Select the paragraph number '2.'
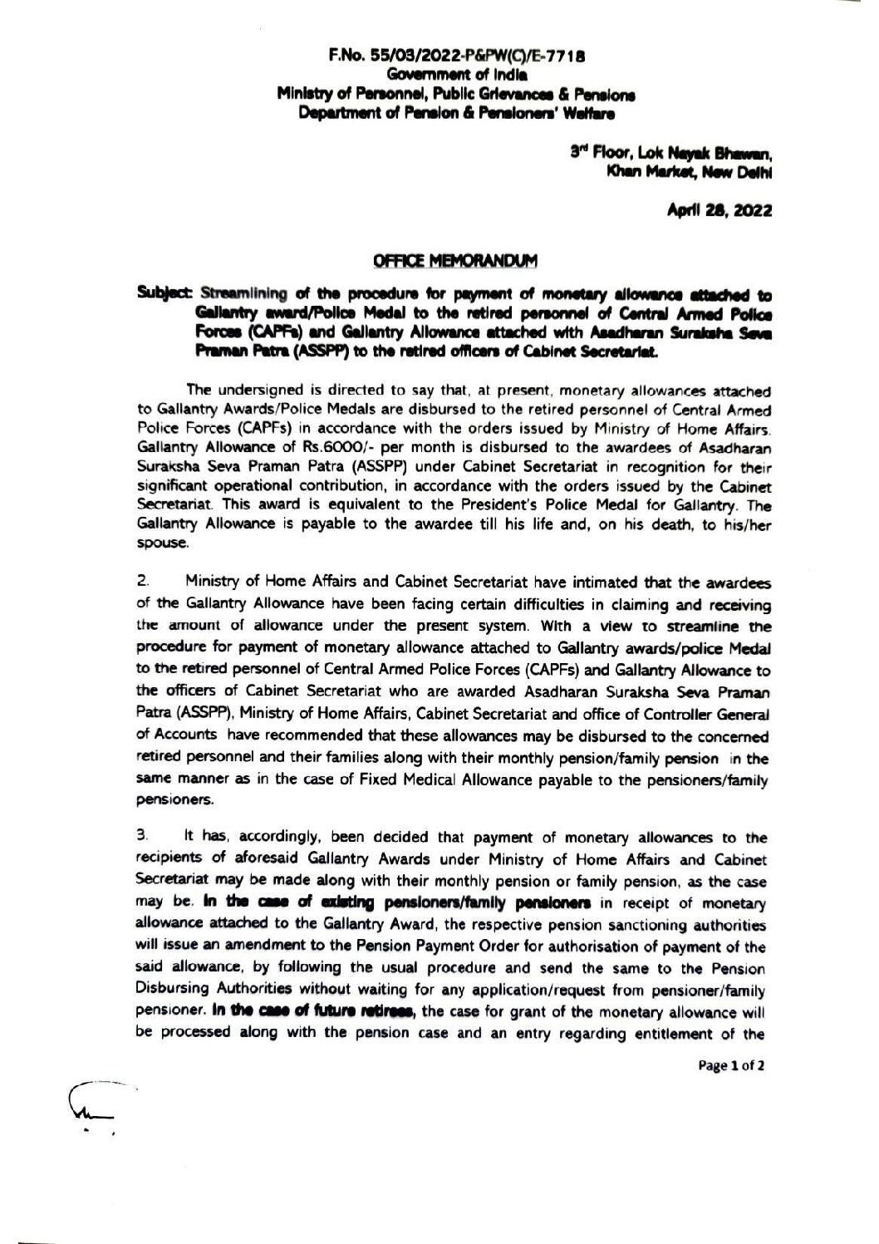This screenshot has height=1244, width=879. tap(142, 581)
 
